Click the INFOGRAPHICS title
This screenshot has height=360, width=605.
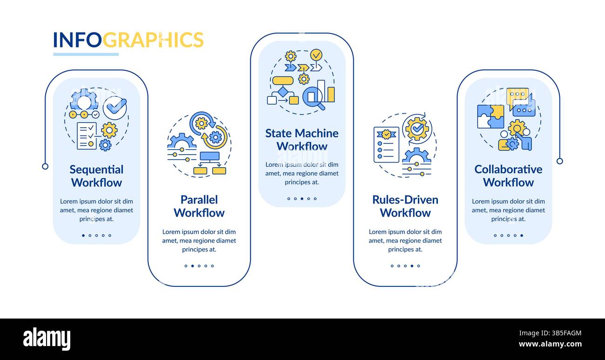click(128, 40)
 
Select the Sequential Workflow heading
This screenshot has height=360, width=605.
click(96, 176)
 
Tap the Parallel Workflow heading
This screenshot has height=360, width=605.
click(199, 206)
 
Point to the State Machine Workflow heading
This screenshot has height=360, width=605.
click(302, 140)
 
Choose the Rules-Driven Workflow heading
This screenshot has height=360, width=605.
click(405, 206)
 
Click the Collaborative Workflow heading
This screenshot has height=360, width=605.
click(508, 176)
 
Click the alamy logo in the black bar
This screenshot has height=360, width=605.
click(47, 339)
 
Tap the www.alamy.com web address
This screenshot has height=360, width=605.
click(550, 345)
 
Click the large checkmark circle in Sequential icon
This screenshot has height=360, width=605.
click(114, 108)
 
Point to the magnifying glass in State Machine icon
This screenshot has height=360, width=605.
click(313, 98)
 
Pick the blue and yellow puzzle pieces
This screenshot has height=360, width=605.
click(490, 116)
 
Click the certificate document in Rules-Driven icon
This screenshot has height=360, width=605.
click(386, 144)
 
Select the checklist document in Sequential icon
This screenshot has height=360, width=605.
click(87, 136)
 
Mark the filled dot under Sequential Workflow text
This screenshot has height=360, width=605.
click(83, 235)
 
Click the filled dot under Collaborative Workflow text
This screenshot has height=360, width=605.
click(521, 235)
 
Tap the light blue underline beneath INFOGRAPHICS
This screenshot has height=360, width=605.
click(86, 54)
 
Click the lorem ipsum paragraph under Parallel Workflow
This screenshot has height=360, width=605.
click(199, 240)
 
